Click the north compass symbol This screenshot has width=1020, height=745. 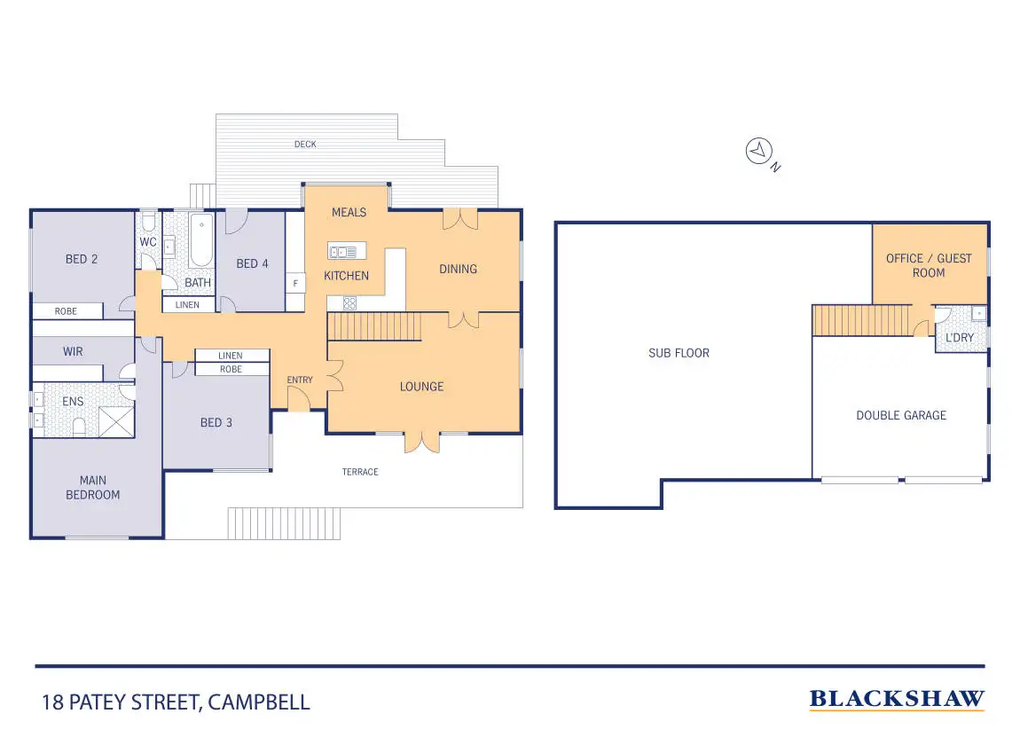point(757,152)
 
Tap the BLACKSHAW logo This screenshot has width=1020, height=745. point(897,700)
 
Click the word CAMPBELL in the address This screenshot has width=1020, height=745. point(263,703)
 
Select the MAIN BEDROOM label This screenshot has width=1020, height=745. point(93,488)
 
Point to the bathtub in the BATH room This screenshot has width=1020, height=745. point(200,240)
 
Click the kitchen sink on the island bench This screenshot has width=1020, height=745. point(342,251)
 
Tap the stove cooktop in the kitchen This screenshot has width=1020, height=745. point(349,303)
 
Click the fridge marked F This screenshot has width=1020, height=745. point(295,283)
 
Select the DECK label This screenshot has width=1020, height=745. point(305,145)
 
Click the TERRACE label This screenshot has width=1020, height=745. point(360,472)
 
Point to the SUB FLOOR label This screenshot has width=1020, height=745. point(679,353)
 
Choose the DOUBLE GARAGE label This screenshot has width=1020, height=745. point(900,415)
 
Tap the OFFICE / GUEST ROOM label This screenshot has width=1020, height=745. point(929,265)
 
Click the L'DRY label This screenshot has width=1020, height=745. point(960,338)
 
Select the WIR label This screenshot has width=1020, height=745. point(73,352)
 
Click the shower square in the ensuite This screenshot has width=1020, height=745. point(116,421)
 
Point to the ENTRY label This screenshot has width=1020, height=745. point(300,380)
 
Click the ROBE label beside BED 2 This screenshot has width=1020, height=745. point(66,311)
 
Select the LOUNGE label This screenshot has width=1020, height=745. point(421,387)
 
